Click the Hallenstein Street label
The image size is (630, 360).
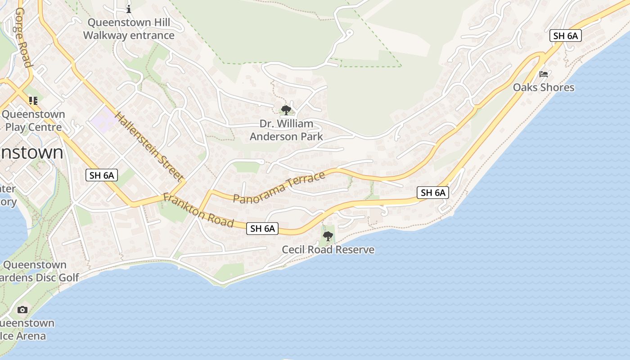[x=150, y=146]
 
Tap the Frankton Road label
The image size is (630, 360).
[x=198, y=211]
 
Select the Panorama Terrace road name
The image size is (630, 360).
[x=279, y=187]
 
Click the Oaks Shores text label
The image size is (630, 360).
[x=544, y=87]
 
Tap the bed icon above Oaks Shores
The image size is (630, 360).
[x=544, y=74]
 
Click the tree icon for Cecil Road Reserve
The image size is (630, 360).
[x=328, y=236]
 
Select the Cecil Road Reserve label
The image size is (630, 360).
[x=328, y=249]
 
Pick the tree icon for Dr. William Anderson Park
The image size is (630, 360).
[x=286, y=110]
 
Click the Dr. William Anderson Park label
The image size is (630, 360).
[x=286, y=130]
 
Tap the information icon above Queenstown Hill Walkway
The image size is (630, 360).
[x=129, y=9]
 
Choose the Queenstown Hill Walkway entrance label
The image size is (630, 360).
[x=129, y=29]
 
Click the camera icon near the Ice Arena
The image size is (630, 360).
[x=22, y=310]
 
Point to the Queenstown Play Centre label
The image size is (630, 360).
[x=33, y=121]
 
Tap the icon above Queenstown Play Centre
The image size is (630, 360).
[x=33, y=100]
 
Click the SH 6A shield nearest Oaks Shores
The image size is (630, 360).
[x=566, y=36]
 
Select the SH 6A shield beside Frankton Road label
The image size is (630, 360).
[x=263, y=229]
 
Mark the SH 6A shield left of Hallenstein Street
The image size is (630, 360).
[x=102, y=175]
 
